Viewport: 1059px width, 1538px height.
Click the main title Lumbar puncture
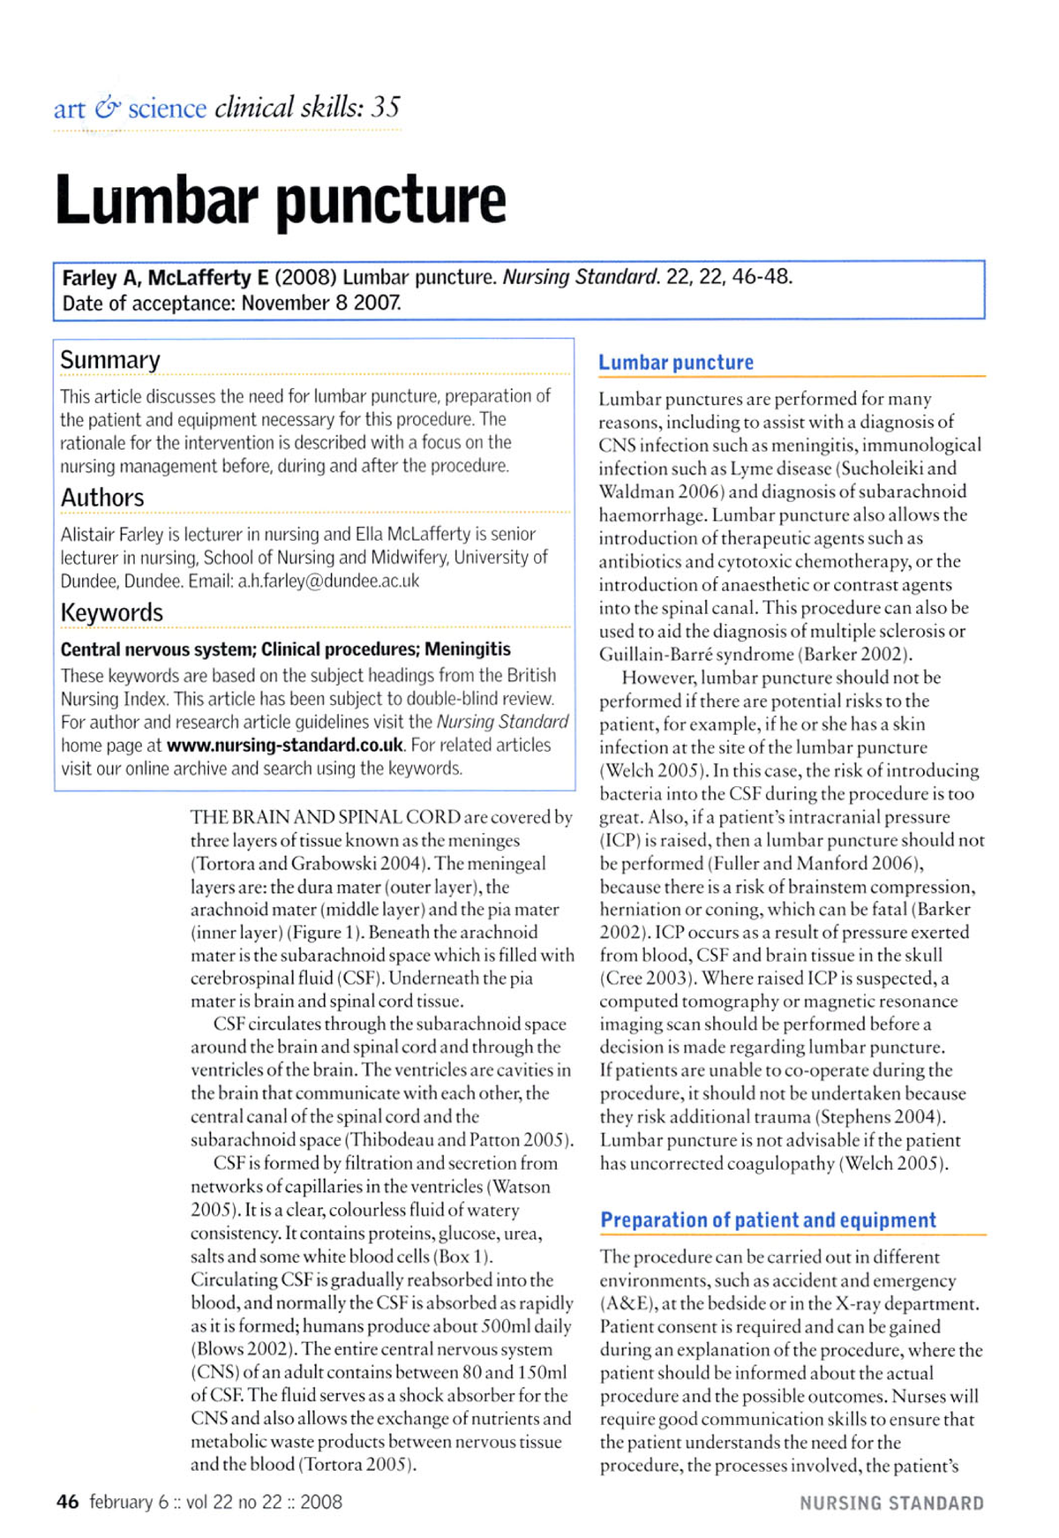point(281,201)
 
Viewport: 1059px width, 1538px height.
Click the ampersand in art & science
point(107,109)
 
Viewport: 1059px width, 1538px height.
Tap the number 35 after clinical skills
point(385,108)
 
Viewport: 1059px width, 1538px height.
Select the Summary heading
point(110,360)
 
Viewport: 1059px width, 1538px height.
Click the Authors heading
point(102,498)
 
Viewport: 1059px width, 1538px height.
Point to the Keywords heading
point(112,612)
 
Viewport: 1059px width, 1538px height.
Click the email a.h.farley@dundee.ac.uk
point(328,581)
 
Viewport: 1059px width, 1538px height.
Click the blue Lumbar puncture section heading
point(676,363)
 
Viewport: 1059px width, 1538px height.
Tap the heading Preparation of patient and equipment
point(768,1220)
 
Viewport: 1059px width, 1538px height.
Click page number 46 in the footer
point(67,1502)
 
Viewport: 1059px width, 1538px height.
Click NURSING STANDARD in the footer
point(891,1504)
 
